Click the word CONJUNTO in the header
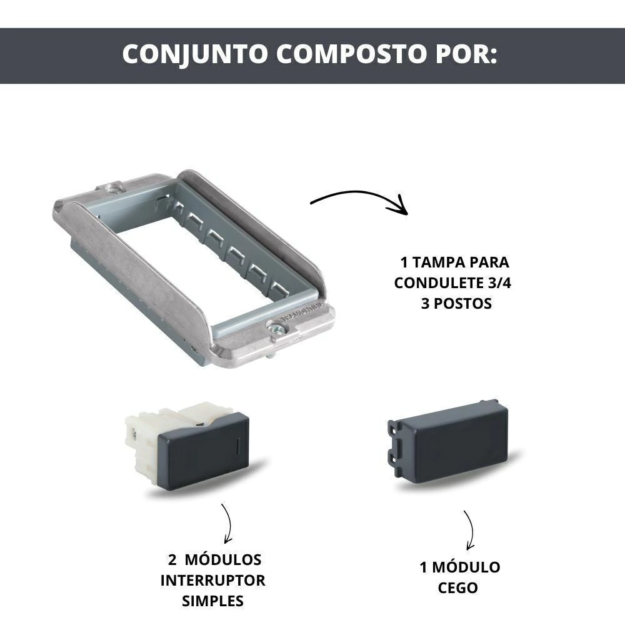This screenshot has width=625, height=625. [x=195, y=54]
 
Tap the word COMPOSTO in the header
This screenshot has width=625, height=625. [x=351, y=53]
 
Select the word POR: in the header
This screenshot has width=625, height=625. [x=467, y=53]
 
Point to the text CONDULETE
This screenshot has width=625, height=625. [x=439, y=283]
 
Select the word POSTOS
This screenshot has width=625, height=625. [x=462, y=304]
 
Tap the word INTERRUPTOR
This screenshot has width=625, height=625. [x=213, y=581]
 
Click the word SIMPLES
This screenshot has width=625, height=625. [x=212, y=601]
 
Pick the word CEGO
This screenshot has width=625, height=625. [x=457, y=588]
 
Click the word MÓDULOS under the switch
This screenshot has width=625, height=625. [x=223, y=559]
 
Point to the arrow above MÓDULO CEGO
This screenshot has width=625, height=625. [x=471, y=530]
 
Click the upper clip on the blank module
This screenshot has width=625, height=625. [x=393, y=429]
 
